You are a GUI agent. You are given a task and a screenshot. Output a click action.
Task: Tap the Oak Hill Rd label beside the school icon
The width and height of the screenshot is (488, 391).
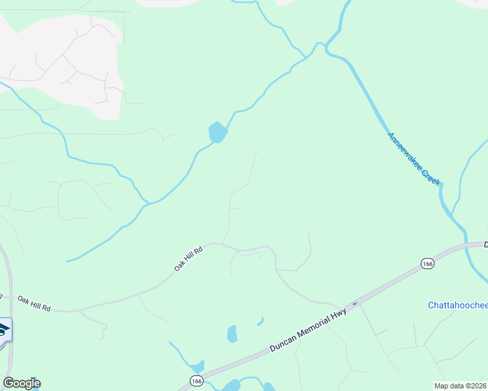(x=34, y=302)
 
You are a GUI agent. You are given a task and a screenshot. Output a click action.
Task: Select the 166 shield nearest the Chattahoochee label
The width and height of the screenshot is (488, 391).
(x=427, y=263)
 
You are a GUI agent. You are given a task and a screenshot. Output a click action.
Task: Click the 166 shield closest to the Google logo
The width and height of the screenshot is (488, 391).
(x=196, y=380)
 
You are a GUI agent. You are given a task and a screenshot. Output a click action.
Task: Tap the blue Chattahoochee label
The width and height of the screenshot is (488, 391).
(x=458, y=305)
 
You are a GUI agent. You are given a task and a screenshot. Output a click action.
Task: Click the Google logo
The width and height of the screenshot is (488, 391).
(x=22, y=383)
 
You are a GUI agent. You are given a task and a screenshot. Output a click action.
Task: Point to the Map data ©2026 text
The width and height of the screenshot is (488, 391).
(x=461, y=385)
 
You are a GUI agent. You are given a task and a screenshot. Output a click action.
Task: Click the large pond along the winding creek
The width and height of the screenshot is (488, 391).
(x=218, y=132)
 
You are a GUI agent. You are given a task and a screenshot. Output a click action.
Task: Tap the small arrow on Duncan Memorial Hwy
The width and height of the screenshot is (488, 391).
(x=355, y=303)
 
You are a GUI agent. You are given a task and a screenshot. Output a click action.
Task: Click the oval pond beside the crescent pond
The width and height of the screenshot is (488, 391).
(x=232, y=334)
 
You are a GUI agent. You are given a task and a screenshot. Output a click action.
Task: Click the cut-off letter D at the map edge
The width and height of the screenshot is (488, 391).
(x=485, y=244)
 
